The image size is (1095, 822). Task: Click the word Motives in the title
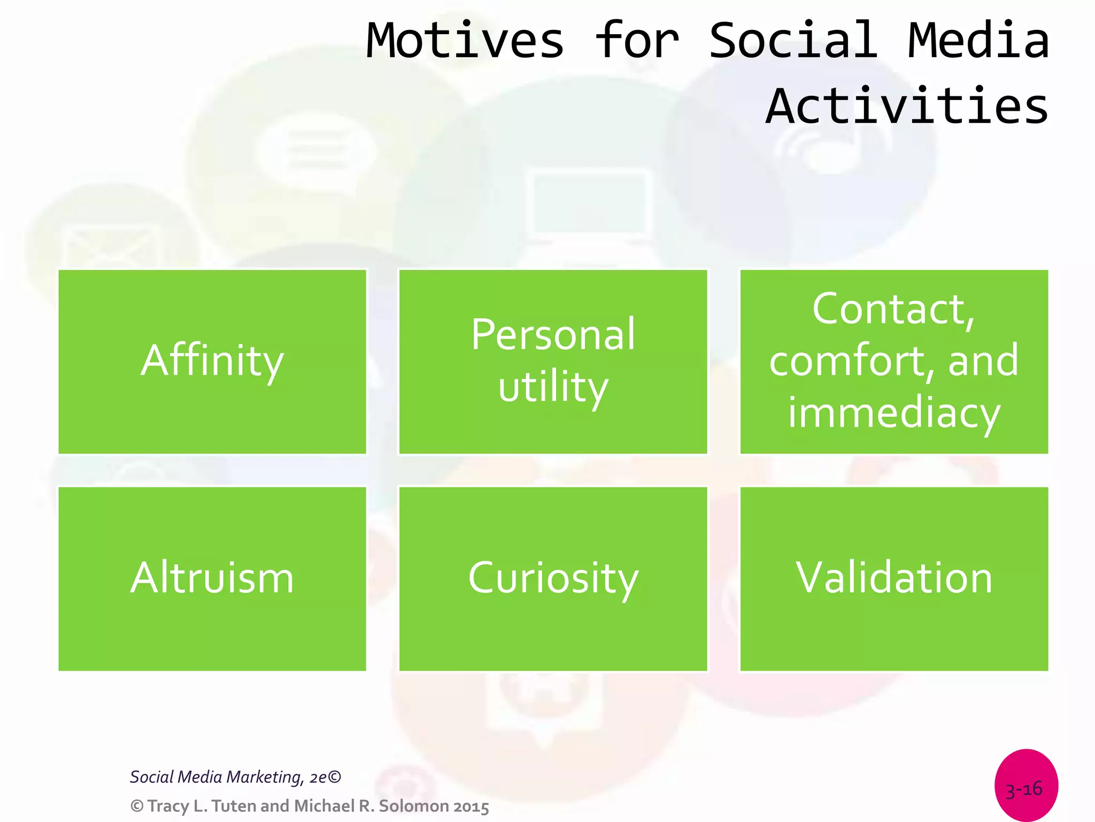pos(465,41)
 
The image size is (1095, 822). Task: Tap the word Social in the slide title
pos(793,41)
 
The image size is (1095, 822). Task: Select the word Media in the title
pos(978,41)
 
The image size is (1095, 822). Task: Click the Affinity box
pos(212,362)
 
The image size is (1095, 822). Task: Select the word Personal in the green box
pos(553,336)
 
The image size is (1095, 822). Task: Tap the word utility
pos(553,387)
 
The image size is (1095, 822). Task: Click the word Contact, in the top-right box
pos(893,309)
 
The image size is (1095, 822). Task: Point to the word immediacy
pos(893,413)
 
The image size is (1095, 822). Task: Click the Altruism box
pos(212,579)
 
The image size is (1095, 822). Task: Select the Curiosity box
pos(553,579)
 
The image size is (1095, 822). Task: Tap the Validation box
pos(893,579)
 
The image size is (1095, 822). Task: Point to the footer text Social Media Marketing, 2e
pos(235,777)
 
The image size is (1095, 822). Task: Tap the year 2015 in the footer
pos(471,806)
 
